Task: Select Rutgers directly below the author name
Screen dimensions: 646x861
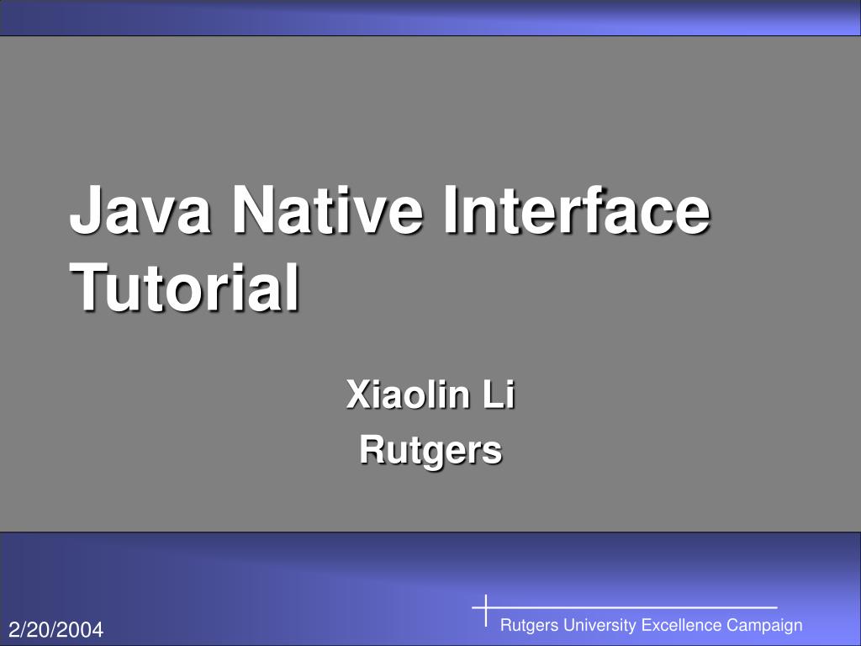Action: click(430, 450)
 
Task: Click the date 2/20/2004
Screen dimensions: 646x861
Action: click(56, 629)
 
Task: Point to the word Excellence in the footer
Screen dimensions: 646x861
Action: click(681, 625)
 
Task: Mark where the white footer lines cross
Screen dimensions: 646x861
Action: click(487, 606)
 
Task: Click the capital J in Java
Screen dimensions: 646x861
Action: click(85, 213)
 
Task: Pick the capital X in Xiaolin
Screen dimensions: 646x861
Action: click(357, 395)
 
